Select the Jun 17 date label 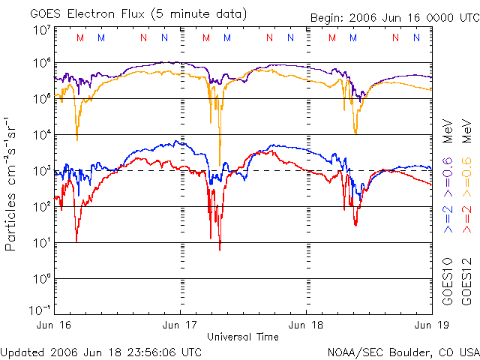pos(181,325)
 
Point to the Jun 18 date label pos(307,325)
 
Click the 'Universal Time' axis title pos(244,337)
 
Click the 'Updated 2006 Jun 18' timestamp pos(101,352)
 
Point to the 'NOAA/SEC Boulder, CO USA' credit pos(403,352)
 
